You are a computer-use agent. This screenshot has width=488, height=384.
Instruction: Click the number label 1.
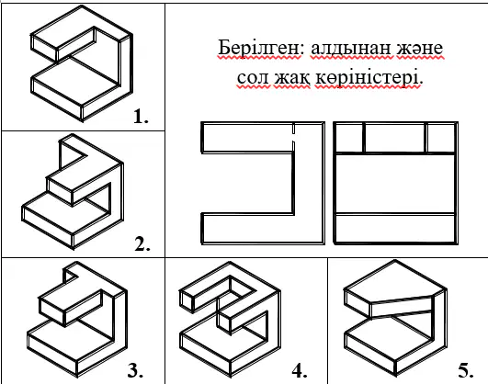click(141, 117)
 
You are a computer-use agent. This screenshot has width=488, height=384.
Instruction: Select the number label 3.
click(135, 370)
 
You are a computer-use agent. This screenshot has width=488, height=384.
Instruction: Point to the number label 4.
click(300, 370)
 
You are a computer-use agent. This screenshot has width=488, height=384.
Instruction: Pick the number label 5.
click(466, 370)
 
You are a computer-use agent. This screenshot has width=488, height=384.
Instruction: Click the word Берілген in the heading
click(259, 48)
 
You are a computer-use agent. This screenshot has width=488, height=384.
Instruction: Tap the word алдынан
click(350, 49)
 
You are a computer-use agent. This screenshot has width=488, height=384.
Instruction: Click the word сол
click(253, 77)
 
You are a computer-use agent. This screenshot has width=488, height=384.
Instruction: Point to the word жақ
click(292, 78)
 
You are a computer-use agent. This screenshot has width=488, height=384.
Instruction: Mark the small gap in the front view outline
click(293, 137)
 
